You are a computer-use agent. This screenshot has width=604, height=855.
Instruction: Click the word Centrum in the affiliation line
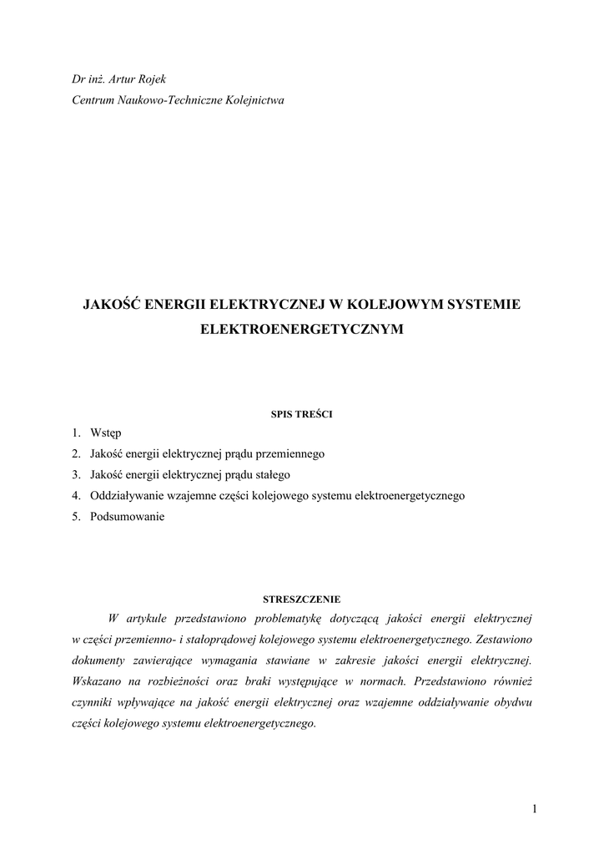click(93, 100)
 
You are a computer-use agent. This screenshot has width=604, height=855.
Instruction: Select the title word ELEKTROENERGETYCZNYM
click(302, 330)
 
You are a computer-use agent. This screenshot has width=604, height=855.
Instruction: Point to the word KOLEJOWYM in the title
click(388, 305)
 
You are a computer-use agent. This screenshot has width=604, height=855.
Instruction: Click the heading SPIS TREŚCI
click(302, 413)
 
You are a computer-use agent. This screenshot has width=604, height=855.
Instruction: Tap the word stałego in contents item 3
click(269, 475)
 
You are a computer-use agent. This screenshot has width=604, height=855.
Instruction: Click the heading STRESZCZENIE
click(302, 599)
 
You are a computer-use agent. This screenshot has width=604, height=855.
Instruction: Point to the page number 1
click(532, 808)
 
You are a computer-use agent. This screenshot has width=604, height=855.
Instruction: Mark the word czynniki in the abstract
click(93, 702)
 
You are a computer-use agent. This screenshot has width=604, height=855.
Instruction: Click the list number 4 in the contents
click(75, 496)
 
